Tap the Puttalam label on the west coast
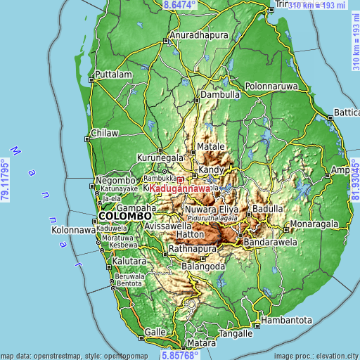pyautogui.click(x=114, y=74)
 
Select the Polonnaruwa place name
pyautogui.click(x=271, y=86)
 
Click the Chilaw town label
pyautogui.click(x=105, y=133)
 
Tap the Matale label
pyautogui.click(x=210, y=146)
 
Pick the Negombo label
pyautogui.click(x=110, y=179)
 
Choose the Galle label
pyautogui.click(x=155, y=331)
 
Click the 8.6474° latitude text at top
pyautogui.click(x=180, y=5)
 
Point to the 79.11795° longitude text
pyautogui.click(x=6, y=180)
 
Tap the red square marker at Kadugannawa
pyautogui.click(x=180, y=180)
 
